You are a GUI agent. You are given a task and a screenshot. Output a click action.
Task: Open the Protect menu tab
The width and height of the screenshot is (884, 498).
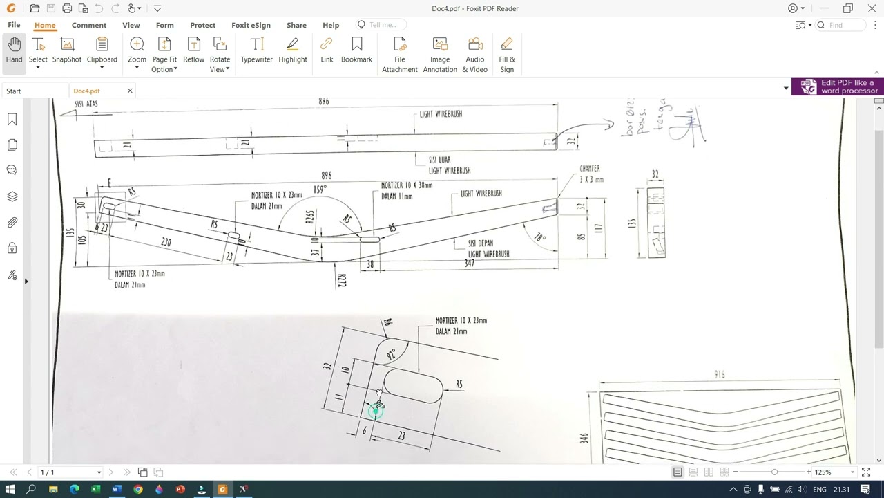point(202,25)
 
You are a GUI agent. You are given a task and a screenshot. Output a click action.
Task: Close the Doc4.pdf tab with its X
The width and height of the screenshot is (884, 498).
point(130,91)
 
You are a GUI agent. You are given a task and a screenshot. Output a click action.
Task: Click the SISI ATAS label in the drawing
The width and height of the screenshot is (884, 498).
point(86,104)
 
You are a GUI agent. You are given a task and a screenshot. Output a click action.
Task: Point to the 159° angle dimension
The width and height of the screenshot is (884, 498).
point(320,190)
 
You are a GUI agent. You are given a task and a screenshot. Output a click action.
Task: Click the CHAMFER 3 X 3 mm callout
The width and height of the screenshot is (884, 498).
point(590,174)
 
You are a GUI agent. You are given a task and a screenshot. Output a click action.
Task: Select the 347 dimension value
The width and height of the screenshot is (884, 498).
point(469,264)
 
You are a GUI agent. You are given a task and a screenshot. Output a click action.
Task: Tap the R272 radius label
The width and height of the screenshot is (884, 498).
point(342,280)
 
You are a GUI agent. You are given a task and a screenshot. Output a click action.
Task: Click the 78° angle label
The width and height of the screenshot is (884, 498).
point(539,238)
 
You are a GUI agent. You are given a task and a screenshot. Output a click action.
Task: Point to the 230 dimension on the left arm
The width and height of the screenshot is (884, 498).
point(166,242)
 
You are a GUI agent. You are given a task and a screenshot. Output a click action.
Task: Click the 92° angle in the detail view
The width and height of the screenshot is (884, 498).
point(392,354)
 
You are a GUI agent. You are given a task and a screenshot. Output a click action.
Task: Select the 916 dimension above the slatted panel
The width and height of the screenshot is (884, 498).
point(720,374)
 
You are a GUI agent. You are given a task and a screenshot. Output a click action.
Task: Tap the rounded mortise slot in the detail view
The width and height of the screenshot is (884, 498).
point(413,386)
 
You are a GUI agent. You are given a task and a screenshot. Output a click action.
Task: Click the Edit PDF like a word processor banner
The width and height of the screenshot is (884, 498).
point(838,86)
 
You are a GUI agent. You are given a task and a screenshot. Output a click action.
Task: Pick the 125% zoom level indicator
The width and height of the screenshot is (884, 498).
point(823,472)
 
